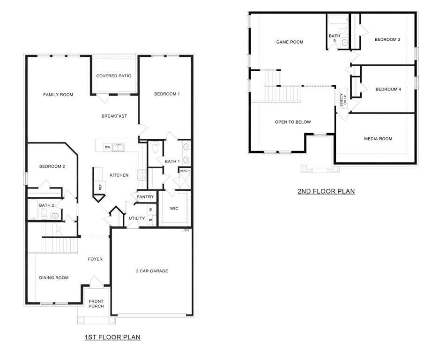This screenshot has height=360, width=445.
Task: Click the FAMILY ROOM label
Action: [x=58, y=95]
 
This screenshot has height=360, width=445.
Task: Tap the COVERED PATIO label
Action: [x=114, y=76]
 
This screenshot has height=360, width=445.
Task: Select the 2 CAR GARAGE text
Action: [x=152, y=271]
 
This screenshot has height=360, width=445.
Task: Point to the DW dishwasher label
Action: [x=107, y=148]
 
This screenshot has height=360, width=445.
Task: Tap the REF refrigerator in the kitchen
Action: [x=99, y=186]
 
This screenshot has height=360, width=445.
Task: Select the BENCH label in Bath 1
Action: [x=185, y=171]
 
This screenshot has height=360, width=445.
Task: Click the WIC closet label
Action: [x=174, y=208]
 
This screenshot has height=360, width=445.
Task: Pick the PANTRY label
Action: [x=145, y=197]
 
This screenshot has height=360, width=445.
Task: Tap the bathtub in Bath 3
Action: [x=336, y=20]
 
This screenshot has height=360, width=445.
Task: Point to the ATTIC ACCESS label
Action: [x=343, y=100]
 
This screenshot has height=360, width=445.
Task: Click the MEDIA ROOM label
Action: [x=378, y=139]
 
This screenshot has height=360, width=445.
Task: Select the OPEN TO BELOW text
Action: [x=293, y=122]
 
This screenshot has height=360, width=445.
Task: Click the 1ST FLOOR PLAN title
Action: [x=112, y=337]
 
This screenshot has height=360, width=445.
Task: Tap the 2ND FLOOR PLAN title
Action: [x=326, y=191]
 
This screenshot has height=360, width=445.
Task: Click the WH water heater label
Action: [x=186, y=230]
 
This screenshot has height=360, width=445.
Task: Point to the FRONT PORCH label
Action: [x=96, y=304]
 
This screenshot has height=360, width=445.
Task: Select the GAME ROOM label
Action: [x=289, y=42]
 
